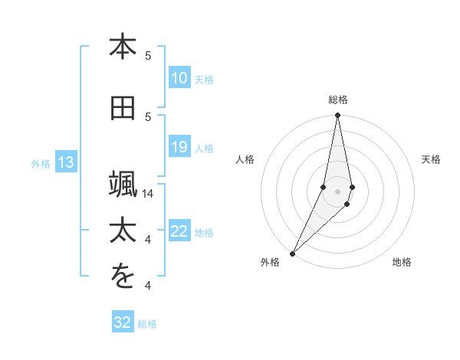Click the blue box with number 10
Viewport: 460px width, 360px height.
pyautogui.click(x=179, y=78)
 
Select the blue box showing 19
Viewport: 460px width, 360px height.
pyautogui.click(x=179, y=147)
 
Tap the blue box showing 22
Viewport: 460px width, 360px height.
pyautogui.click(x=179, y=232)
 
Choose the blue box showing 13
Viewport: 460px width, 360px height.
pyautogui.click(x=65, y=162)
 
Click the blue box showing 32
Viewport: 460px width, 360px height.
pyautogui.click(x=123, y=322)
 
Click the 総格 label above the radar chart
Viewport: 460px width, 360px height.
pyautogui.click(x=337, y=100)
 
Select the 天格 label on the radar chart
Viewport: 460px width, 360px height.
pyautogui.click(x=432, y=159)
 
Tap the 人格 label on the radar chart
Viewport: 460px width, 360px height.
pyautogui.click(x=245, y=159)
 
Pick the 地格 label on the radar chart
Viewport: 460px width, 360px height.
pyautogui.click(x=402, y=262)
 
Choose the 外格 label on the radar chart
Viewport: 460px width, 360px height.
pyautogui.click(x=270, y=262)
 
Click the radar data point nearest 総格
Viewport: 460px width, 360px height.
pyautogui.click(x=337, y=115)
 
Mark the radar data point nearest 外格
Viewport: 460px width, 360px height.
pyautogui.click(x=292, y=253)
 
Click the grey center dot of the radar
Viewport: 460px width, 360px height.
pyautogui.click(x=337, y=191)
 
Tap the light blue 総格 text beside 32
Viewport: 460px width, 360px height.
pyautogui.click(x=147, y=324)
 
